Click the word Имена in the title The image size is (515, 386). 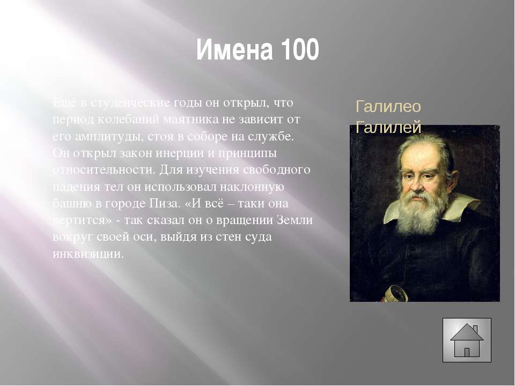[x=234, y=49]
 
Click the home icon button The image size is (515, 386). [x=467, y=340]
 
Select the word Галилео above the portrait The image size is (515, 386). [x=388, y=107]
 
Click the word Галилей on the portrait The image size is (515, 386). [x=388, y=127]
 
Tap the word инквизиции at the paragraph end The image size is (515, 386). [x=88, y=254]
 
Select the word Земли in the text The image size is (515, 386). [x=295, y=220]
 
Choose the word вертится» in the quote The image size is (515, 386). [x=83, y=220]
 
